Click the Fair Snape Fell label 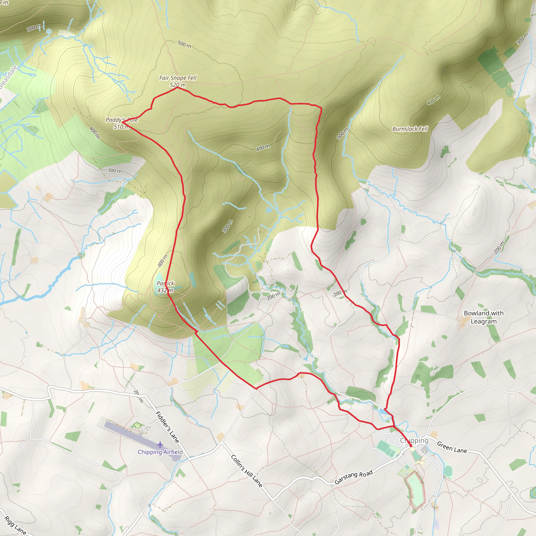(177, 78)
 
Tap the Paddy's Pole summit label (121, 123)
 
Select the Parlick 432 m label (165, 287)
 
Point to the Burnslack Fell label (410, 129)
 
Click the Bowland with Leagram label (484, 317)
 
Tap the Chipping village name (414, 440)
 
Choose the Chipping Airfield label (160, 452)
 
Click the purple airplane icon (160, 445)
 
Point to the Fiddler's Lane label (167, 427)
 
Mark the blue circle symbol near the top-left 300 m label (49, 31)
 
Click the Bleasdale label (8, 77)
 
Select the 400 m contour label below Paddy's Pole (94, 132)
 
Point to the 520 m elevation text (178, 85)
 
